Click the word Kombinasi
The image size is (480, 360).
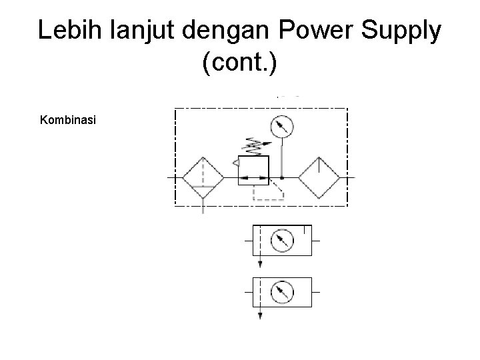(69, 121)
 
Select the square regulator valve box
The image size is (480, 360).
(253, 169)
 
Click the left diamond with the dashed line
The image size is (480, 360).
(203, 178)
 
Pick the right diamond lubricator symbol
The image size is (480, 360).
(319, 178)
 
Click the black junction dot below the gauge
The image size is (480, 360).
(282, 179)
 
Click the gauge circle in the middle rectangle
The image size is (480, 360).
(283, 241)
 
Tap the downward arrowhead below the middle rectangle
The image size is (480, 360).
(260, 263)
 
